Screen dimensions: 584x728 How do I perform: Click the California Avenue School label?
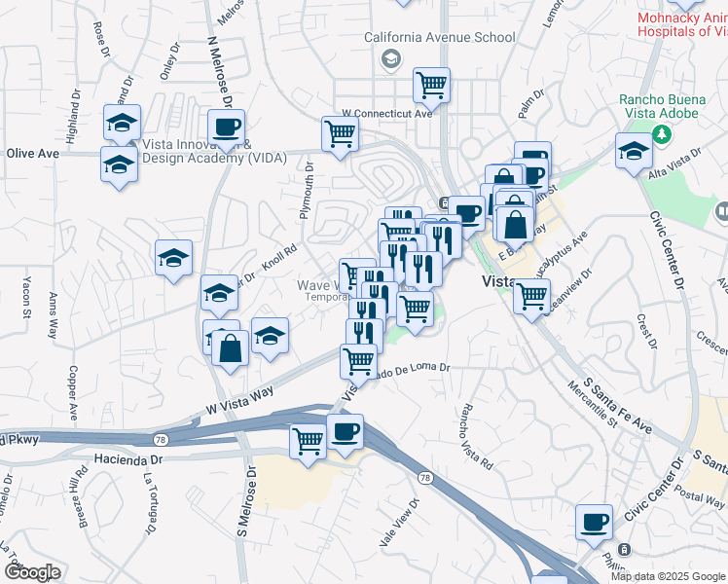tap(440, 38)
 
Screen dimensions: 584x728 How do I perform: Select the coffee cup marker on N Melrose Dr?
tap(226, 127)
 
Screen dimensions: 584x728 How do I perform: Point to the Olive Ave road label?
tap(28, 153)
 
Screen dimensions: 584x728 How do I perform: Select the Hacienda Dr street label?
tap(127, 456)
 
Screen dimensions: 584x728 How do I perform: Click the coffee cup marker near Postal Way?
tap(593, 523)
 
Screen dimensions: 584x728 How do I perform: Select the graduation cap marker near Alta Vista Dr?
tap(633, 150)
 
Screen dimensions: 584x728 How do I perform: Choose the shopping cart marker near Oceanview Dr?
tap(531, 296)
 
